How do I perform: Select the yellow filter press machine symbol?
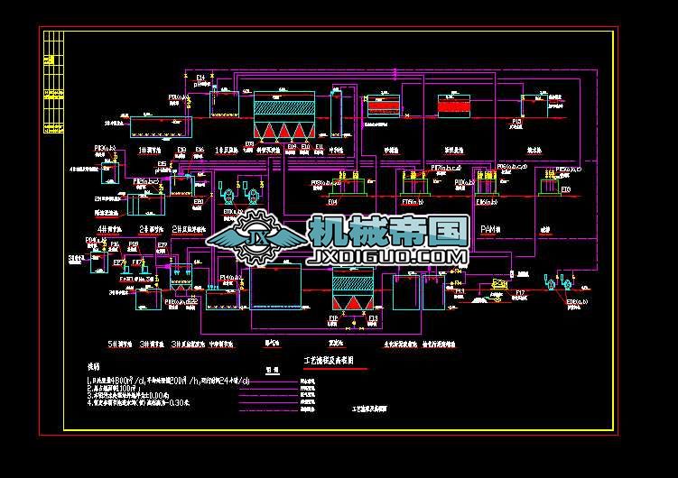[x=497, y=285]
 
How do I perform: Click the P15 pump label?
[x=517, y=121]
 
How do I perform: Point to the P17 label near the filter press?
[x=520, y=292]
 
